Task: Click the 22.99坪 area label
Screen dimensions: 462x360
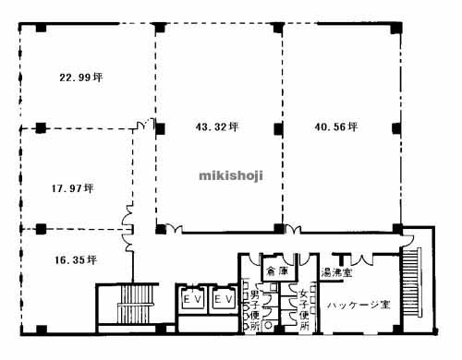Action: click(81, 78)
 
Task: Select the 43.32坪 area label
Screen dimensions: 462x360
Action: click(217, 126)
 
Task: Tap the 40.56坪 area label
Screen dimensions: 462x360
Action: click(336, 126)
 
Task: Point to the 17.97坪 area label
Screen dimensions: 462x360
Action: click(73, 188)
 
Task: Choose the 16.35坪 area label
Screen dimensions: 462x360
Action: click(76, 260)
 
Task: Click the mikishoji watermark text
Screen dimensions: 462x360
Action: click(231, 175)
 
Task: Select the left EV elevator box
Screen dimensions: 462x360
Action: click(192, 298)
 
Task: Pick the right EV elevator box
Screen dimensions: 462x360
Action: click(223, 298)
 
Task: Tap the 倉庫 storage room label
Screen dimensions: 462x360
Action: click(277, 271)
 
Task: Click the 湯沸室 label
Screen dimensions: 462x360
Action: click(336, 272)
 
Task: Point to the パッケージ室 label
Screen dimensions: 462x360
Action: click(359, 305)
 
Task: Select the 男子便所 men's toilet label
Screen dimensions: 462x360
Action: click(254, 310)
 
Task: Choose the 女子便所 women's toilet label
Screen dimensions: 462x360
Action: click(305, 310)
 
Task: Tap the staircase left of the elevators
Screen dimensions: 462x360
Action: click(136, 304)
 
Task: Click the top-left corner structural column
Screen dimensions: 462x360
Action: click(41, 28)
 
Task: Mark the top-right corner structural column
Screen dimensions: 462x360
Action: click(396, 29)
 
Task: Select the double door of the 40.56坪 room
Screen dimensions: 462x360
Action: click(293, 230)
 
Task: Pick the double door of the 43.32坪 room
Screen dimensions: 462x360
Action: click(174, 228)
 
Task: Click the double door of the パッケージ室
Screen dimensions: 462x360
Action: click(361, 259)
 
